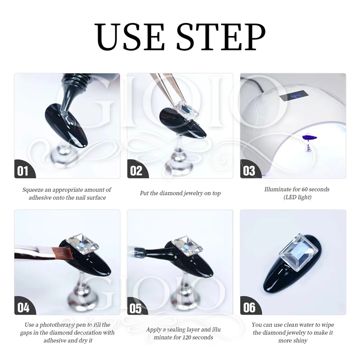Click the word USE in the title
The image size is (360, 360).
point(130,36)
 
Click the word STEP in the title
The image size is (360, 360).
point(221,36)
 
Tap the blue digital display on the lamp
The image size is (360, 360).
point(294,95)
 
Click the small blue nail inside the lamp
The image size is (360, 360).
point(310,138)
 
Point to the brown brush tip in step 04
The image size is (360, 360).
point(63,253)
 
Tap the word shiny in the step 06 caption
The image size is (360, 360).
point(300,341)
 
